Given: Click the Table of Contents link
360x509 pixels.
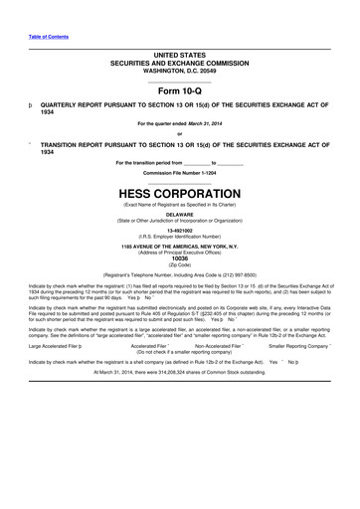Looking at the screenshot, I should tap(49, 36).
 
